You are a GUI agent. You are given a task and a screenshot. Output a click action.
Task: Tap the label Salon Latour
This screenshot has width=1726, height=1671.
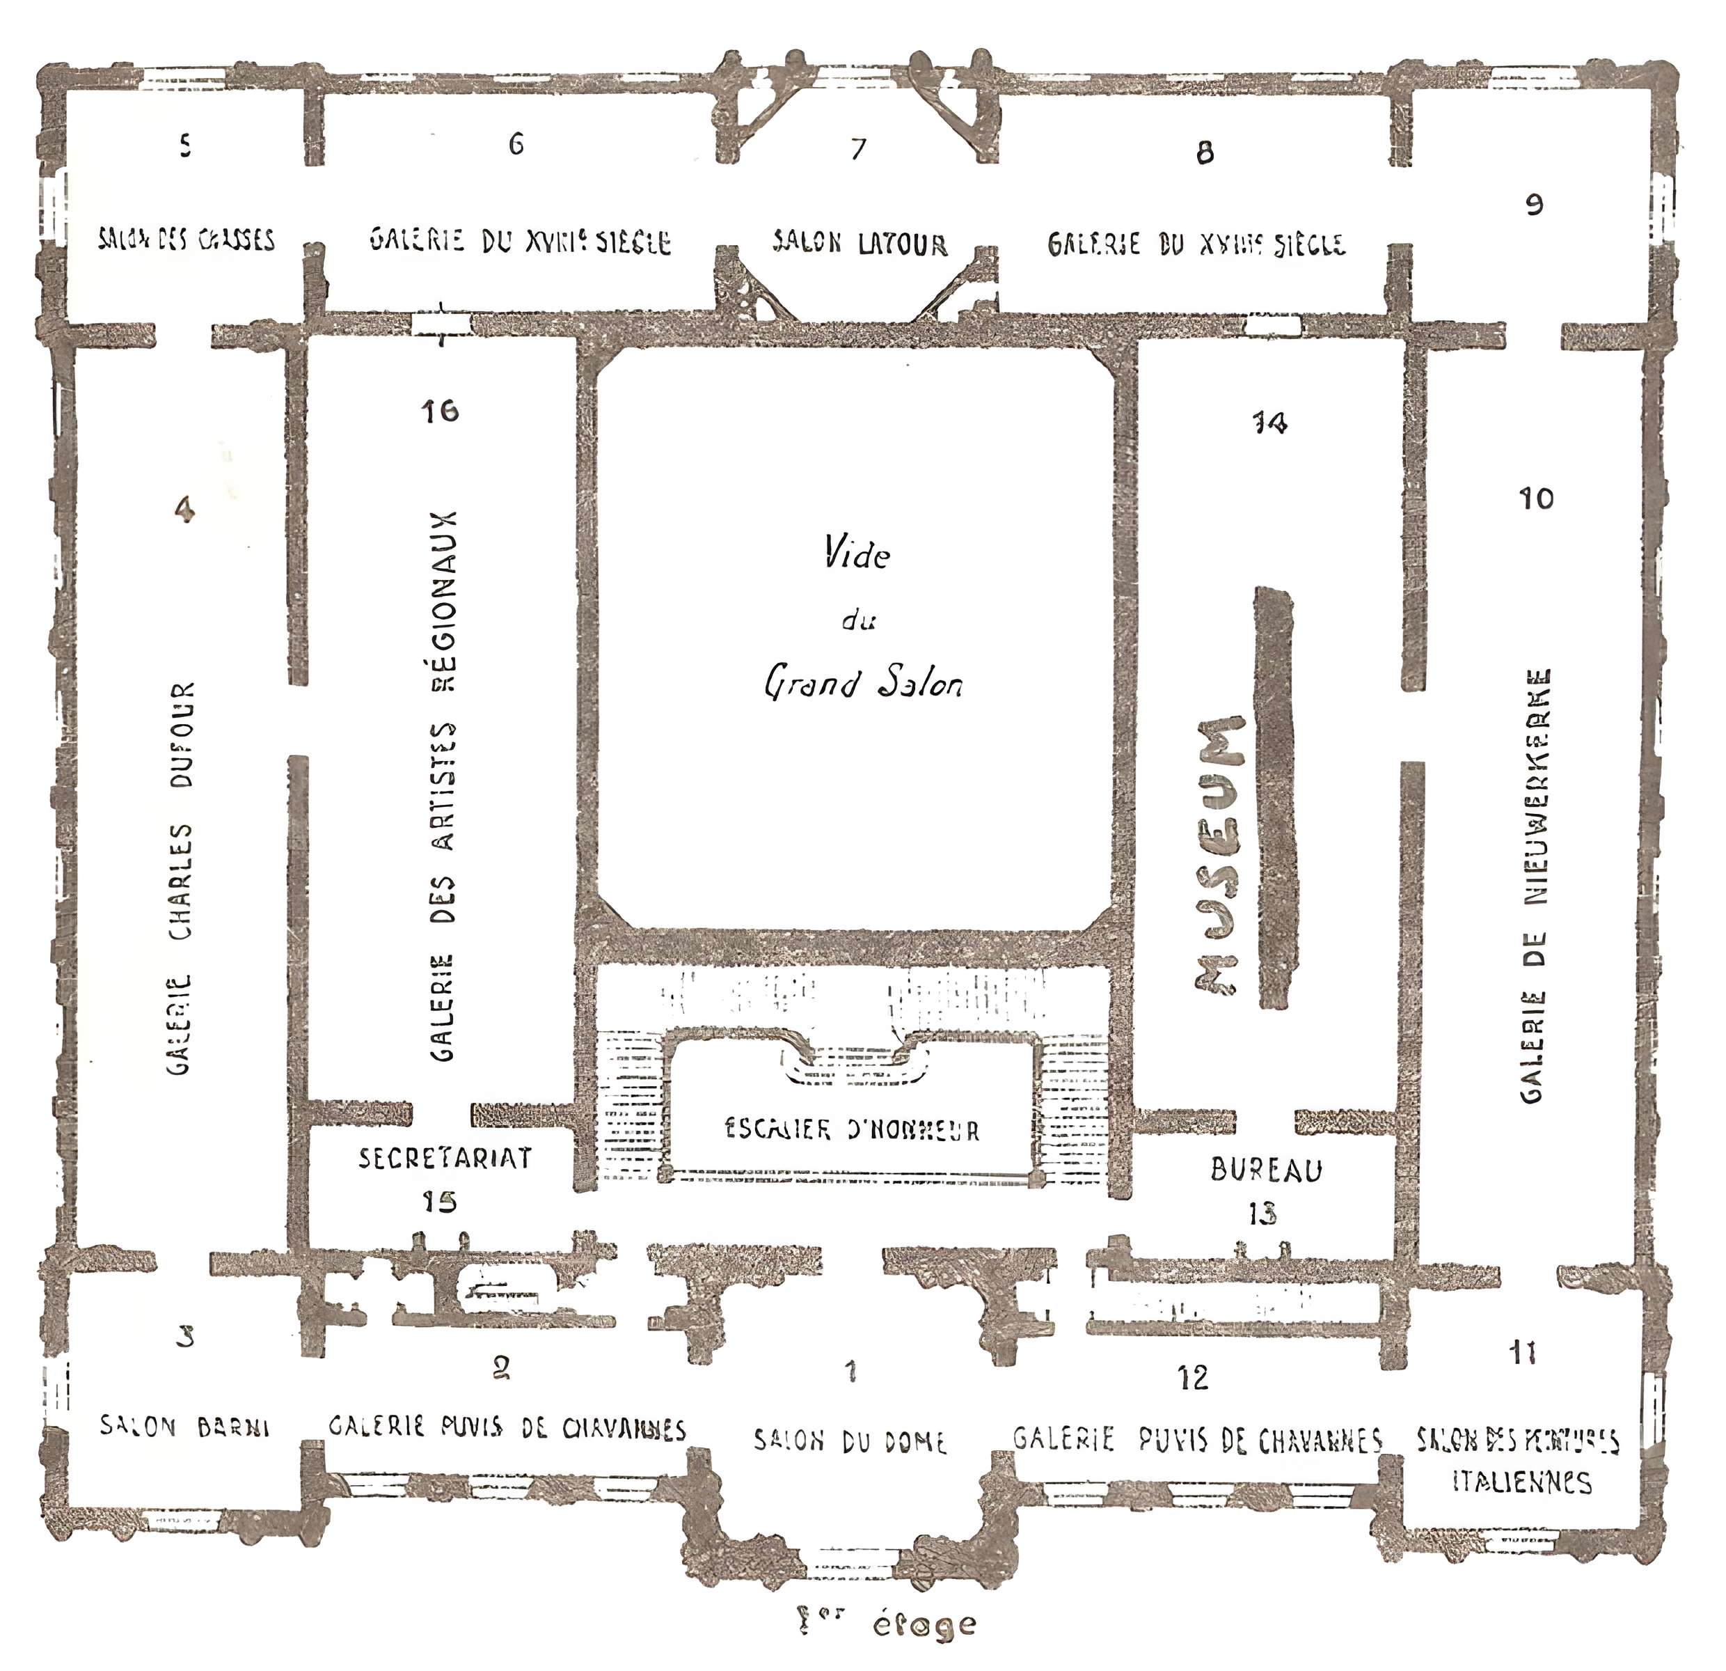860,243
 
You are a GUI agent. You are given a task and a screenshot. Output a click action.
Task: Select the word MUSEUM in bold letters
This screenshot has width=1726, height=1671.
1221,854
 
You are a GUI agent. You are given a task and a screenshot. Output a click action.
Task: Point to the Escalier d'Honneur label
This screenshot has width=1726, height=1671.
852,1130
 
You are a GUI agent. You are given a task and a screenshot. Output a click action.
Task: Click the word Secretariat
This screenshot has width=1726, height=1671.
445,1157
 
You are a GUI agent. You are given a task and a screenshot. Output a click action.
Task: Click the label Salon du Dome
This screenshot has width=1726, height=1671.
850,1442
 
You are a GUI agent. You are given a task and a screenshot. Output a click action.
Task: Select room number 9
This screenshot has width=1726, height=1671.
1534,205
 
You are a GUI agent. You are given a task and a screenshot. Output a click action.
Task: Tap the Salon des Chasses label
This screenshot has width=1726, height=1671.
186,240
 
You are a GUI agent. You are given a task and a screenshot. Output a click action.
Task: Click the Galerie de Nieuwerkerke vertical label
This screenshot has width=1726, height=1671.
1536,885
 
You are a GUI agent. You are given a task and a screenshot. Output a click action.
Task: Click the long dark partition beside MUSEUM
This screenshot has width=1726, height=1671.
1275,797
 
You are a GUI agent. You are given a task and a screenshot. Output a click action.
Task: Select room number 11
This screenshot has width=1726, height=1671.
1523,1352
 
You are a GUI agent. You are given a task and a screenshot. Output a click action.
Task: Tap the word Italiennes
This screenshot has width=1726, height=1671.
1521,1482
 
